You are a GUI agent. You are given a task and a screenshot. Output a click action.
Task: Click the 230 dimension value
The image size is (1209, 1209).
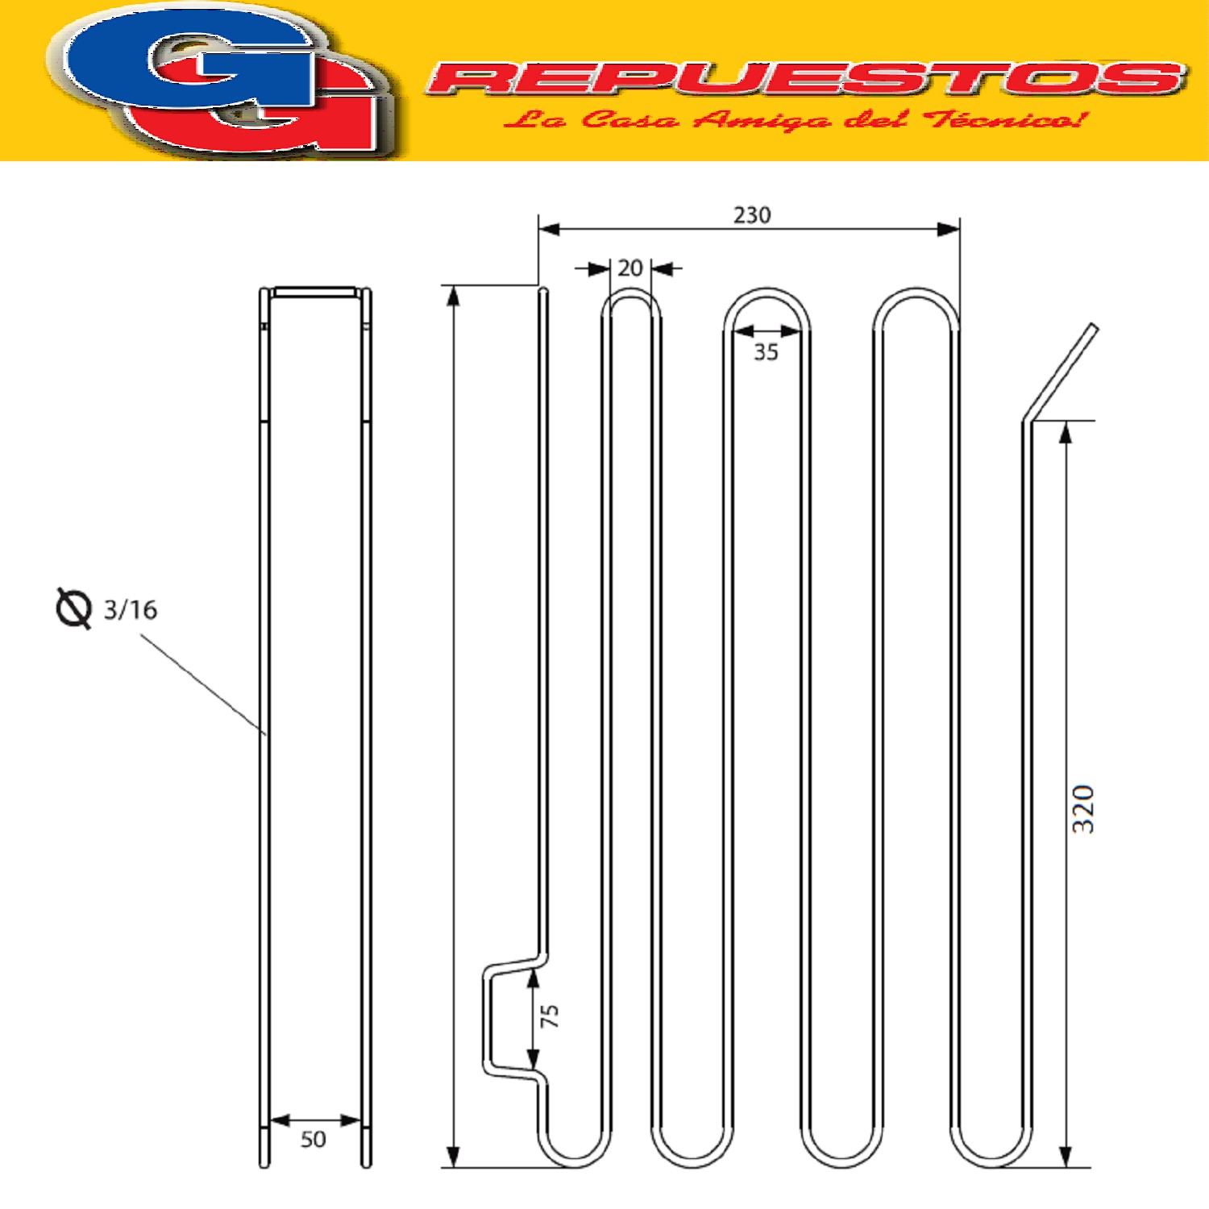tap(751, 215)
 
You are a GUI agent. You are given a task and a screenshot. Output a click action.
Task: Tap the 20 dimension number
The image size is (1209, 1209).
tap(630, 268)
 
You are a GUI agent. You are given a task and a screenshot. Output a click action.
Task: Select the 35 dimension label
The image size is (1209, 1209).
tap(766, 352)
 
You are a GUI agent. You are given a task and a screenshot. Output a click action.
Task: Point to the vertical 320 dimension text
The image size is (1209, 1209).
tap(1082, 808)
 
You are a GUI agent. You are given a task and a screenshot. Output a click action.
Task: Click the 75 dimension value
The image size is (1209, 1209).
tap(550, 1016)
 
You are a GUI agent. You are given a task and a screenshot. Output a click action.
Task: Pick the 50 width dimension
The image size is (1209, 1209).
tap(314, 1140)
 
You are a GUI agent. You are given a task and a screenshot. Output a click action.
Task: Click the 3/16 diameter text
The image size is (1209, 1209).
tap(131, 609)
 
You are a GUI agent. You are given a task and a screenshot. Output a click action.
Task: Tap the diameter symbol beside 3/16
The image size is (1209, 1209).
tap(73, 608)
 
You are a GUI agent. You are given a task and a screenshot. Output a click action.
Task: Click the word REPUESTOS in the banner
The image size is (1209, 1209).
tap(806, 78)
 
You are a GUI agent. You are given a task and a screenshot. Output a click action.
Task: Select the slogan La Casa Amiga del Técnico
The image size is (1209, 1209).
tap(794, 120)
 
